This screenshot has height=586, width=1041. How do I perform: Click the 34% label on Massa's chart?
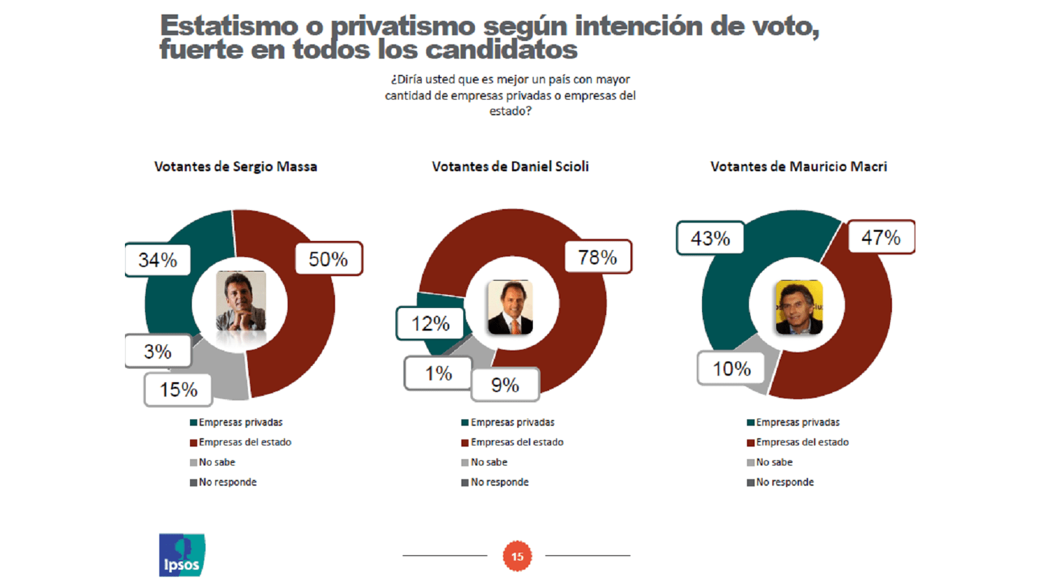[157, 260]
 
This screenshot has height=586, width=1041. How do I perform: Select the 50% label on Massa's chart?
[328, 259]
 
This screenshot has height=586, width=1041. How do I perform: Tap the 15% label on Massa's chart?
[178, 389]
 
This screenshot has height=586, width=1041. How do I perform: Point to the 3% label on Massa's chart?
[157, 352]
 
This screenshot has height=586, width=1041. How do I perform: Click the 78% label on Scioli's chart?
[597, 257]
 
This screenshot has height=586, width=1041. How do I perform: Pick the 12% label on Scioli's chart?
[430, 324]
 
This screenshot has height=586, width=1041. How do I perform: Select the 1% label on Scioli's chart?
[438, 373]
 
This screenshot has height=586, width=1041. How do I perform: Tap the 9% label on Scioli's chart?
[505, 385]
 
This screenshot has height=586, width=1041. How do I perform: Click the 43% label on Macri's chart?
[710, 238]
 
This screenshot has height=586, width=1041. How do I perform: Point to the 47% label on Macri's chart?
[881, 237]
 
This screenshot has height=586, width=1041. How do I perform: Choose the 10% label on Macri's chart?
[731, 369]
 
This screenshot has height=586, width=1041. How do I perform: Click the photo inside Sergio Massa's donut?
[241, 301]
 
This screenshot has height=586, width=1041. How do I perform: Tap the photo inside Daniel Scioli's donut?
[511, 307]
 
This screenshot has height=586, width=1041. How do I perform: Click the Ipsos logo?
[182, 555]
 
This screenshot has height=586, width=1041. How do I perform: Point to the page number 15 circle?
[517, 556]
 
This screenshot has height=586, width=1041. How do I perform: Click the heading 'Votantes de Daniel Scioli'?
[510, 167]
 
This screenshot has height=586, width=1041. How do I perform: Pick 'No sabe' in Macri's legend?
[774, 462]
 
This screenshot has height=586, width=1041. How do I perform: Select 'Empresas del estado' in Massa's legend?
[245, 442]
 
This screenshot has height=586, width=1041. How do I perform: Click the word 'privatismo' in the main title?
[403, 27]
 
